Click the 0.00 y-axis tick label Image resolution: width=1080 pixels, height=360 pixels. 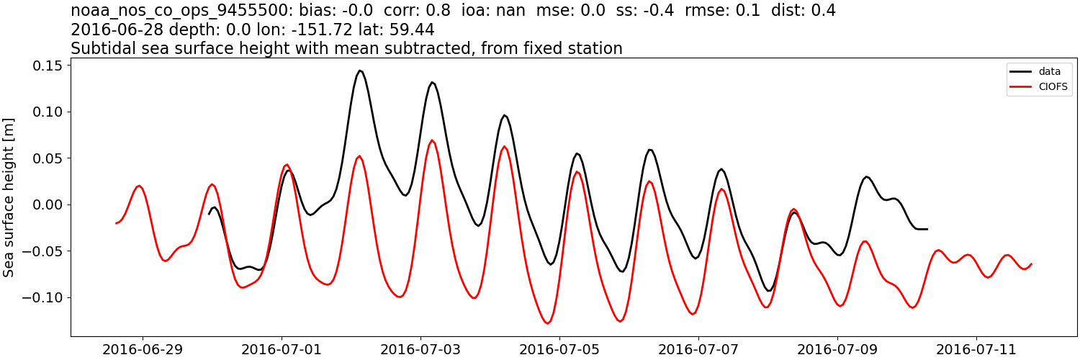[x=45, y=204]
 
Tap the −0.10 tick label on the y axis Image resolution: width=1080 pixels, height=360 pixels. [x=42, y=297]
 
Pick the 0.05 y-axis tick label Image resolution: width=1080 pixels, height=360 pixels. [x=45, y=158]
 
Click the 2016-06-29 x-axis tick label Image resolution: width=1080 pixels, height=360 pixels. [x=143, y=350]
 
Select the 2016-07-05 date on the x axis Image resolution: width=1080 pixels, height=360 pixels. [x=559, y=350]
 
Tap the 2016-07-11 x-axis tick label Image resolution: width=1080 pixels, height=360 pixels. [x=976, y=350]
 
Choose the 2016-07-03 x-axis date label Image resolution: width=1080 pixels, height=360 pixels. [x=420, y=350]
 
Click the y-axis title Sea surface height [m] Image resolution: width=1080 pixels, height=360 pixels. [x=10, y=197]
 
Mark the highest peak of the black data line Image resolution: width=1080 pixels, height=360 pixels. [x=360, y=71]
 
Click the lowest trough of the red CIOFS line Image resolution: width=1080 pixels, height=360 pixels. [x=546, y=323]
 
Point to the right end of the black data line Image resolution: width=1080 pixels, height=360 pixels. [x=927, y=229]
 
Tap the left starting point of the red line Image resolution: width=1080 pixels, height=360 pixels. [x=116, y=223]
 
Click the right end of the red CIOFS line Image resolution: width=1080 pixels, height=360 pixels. [x=1031, y=264]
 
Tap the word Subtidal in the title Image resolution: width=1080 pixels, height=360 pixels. [x=99, y=49]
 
